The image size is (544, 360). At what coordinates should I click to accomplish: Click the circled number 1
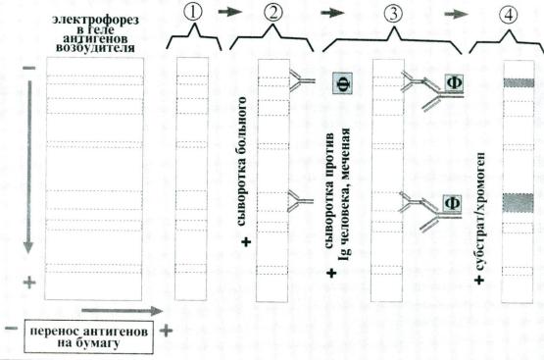[x=193, y=13]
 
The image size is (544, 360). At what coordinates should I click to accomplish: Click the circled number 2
[x=273, y=13]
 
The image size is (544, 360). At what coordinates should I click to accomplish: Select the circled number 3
[x=393, y=14]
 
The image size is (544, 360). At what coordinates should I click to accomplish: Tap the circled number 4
[x=509, y=15]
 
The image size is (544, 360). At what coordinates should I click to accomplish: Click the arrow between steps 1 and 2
[x=230, y=12]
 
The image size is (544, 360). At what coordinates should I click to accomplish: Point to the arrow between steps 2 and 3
[x=332, y=13]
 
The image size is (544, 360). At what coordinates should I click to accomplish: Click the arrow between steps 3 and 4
[x=457, y=14]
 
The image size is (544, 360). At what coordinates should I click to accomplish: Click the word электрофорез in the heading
[x=95, y=19]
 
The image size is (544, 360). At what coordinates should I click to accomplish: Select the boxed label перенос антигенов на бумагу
[x=89, y=336]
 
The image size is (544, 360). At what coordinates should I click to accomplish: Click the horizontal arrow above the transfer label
[x=123, y=311]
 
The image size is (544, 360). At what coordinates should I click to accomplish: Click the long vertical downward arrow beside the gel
[x=28, y=167]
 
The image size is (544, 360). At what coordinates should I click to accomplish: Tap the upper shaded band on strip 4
[x=519, y=82]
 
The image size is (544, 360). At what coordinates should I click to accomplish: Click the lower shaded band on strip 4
[x=519, y=203]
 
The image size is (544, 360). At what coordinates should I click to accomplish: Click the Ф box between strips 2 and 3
[x=342, y=83]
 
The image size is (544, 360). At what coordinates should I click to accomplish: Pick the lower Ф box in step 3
[x=452, y=204]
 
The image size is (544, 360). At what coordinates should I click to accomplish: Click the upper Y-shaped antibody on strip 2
[x=301, y=80]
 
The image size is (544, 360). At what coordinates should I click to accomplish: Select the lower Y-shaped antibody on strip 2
[x=300, y=201]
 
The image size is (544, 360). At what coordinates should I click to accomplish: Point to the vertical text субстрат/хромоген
[x=479, y=212]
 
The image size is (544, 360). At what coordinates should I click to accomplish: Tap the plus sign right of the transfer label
[x=166, y=331]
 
